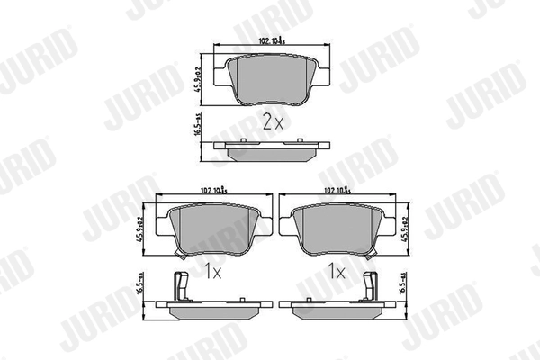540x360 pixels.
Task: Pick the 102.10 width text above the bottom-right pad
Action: [335, 190]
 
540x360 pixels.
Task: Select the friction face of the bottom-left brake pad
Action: [208, 230]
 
